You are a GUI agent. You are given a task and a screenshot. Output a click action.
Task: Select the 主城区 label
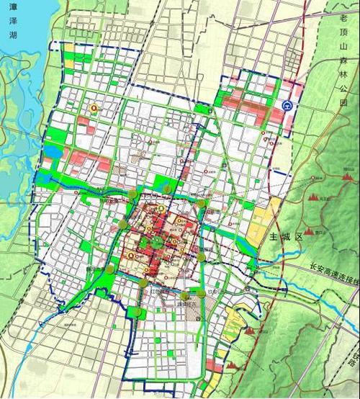pos(281,236)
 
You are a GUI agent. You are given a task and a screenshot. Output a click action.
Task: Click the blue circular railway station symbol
pos(287,105)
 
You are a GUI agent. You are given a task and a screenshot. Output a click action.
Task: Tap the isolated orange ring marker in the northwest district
pos(93,108)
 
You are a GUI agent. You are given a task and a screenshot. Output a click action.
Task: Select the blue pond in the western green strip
pos(53,151)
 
